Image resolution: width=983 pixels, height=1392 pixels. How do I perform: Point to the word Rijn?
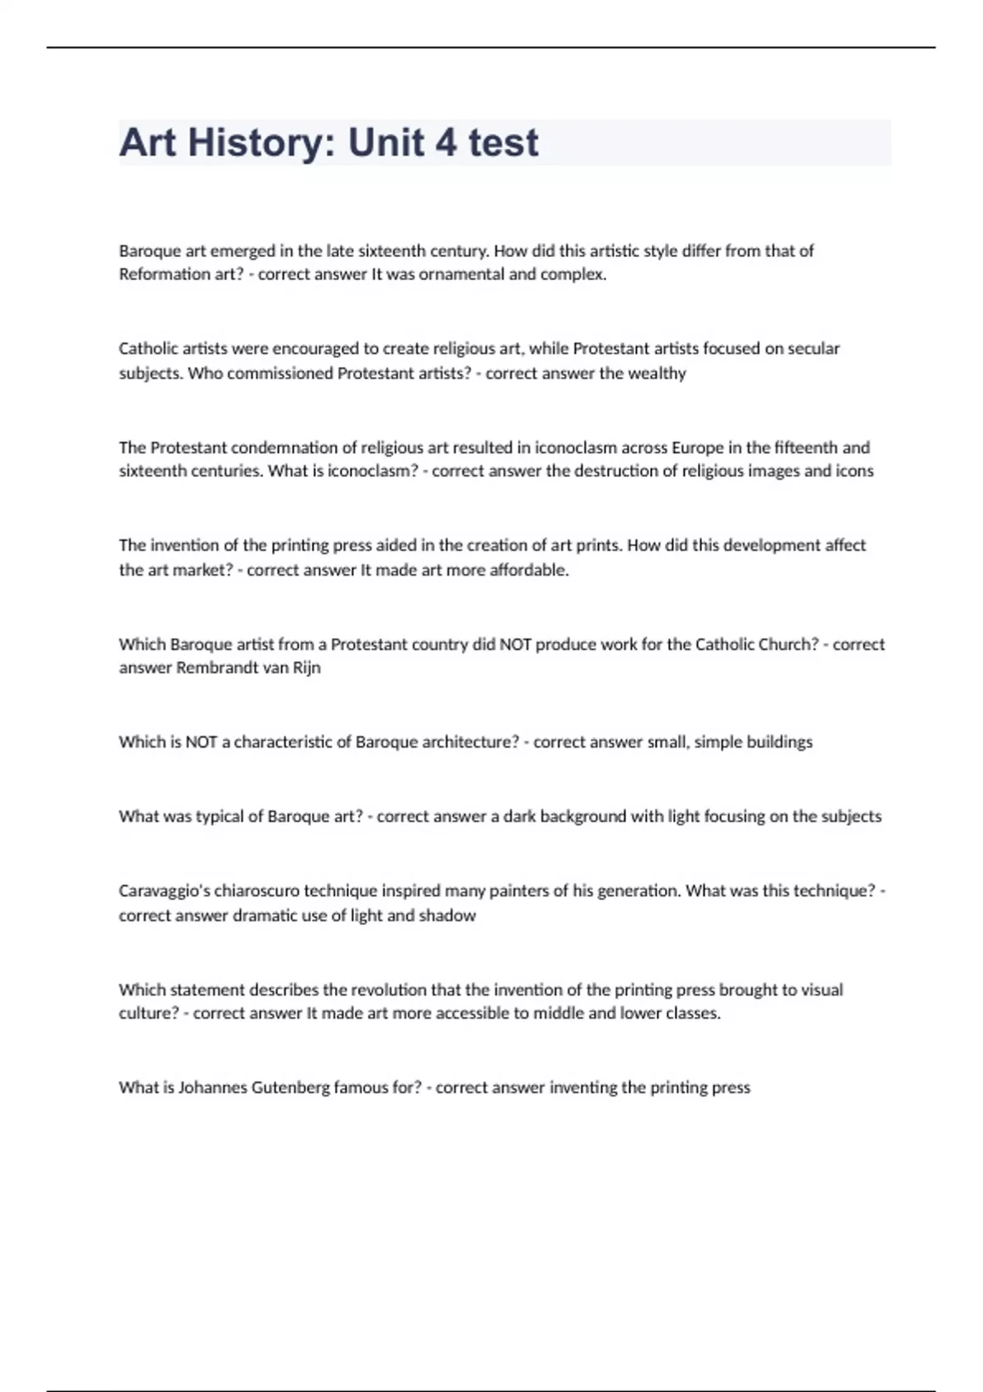(306, 667)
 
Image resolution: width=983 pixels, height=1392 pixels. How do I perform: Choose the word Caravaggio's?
(164, 890)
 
